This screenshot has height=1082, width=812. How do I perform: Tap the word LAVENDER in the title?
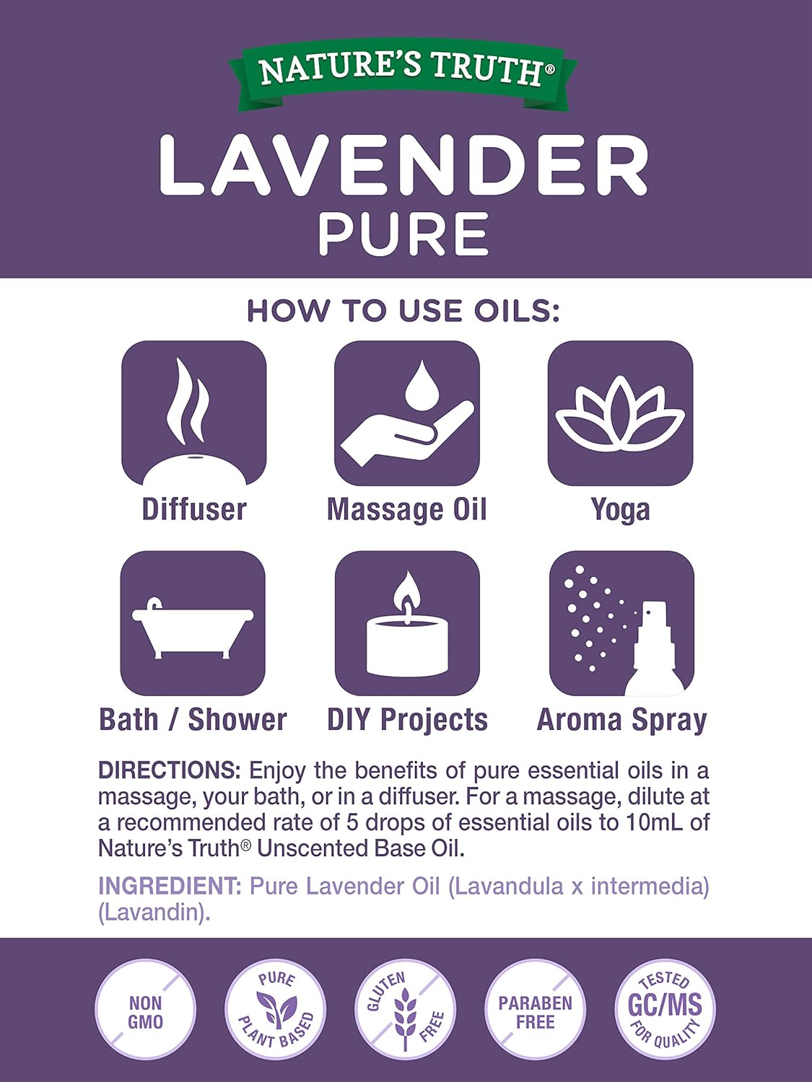(403, 166)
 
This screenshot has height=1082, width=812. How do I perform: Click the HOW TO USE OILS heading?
(403, 311)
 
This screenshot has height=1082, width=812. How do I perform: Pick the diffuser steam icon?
(188, 401)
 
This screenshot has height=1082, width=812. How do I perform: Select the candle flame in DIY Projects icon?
(407, 597)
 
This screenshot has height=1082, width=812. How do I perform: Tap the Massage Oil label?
(407, 509)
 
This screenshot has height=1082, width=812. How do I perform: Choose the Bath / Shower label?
(193, 720)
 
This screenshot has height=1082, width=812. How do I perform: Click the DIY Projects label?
(407, 720)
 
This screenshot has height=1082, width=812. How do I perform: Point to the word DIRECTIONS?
(170, 770)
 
